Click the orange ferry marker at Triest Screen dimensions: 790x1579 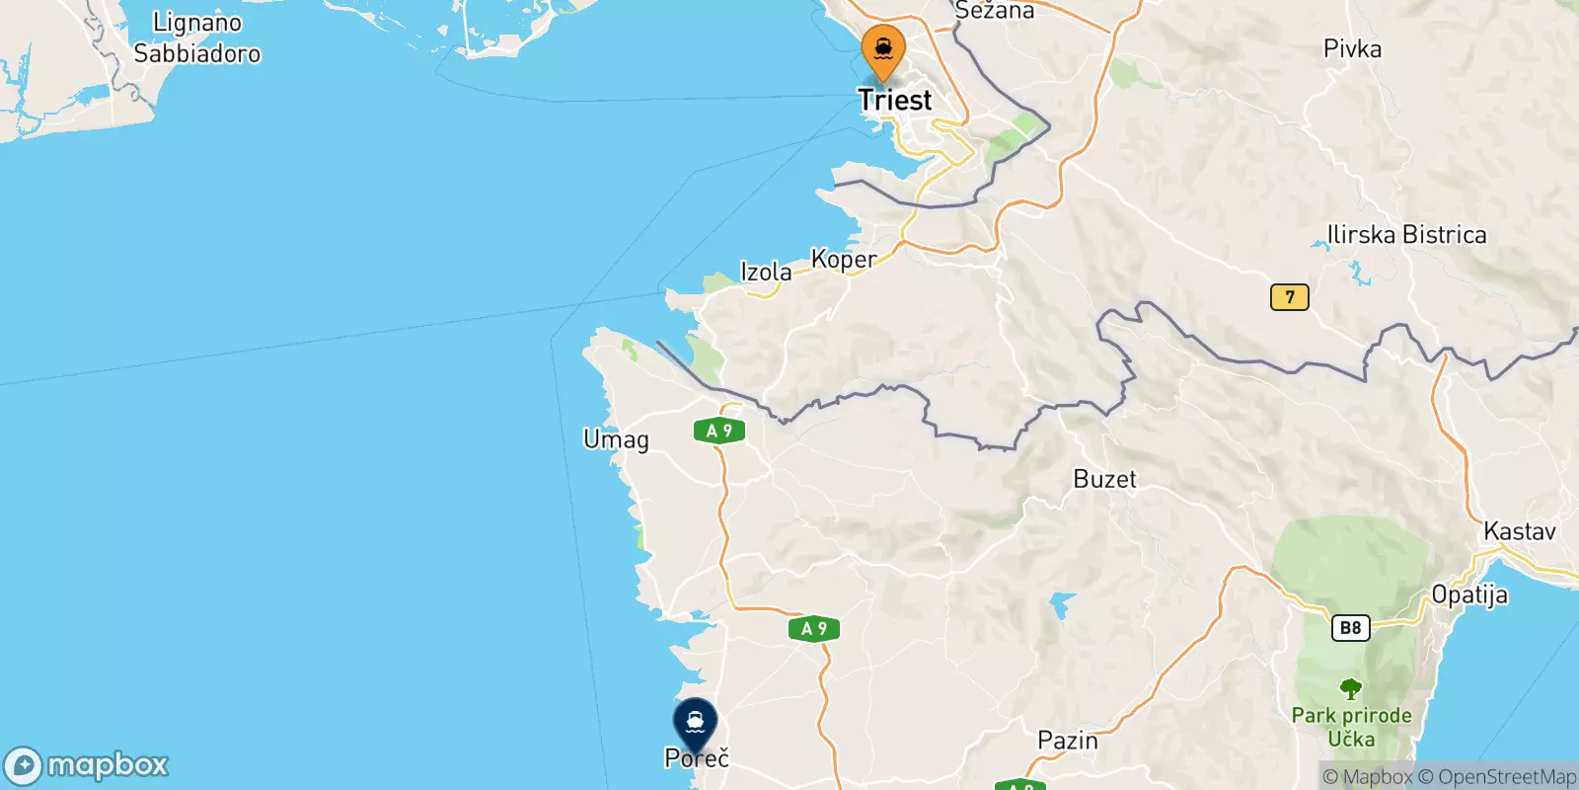883,50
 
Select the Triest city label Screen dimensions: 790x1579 894,100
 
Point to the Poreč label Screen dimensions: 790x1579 697,758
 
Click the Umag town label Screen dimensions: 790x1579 616,439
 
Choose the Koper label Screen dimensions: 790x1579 844,259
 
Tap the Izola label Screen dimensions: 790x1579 766,272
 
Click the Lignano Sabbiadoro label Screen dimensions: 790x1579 197,38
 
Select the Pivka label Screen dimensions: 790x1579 1352,49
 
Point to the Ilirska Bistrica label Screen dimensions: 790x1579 1406,235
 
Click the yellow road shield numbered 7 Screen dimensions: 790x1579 1289,297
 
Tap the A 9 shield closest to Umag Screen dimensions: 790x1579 719,431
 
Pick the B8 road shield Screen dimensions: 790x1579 1350,627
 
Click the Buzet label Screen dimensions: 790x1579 1104,480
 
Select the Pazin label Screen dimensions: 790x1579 1068,741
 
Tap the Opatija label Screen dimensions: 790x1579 1469,595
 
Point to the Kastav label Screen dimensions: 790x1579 1520,531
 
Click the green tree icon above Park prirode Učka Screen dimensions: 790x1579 1350,688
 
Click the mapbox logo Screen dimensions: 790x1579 87,765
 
